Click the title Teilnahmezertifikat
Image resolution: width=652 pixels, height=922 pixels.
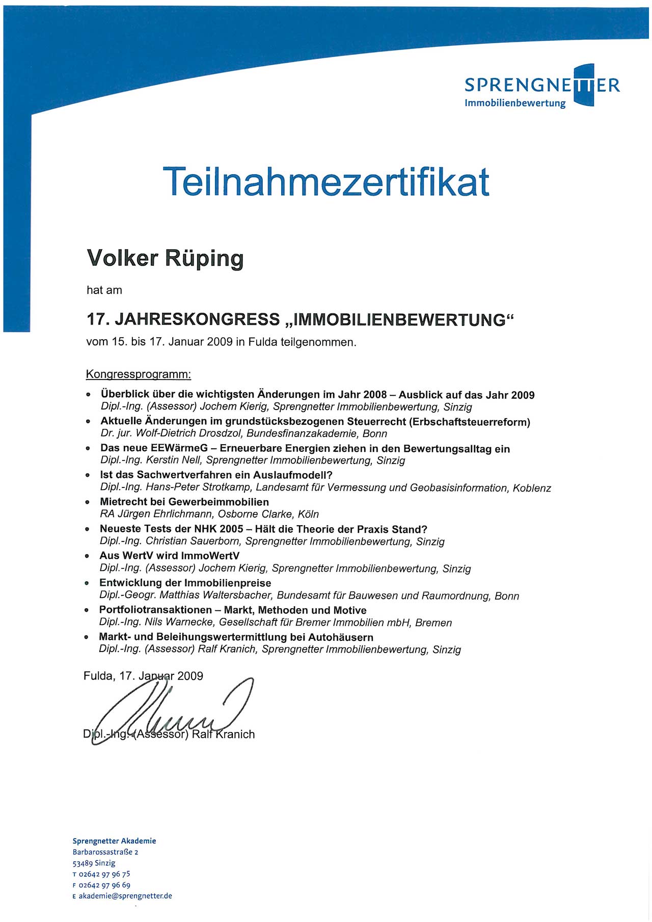click(326, 181)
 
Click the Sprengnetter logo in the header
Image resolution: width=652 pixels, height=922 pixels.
click(542, 87)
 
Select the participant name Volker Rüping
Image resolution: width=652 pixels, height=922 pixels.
click(165, 258)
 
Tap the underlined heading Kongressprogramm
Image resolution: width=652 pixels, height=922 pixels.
click(139, 374)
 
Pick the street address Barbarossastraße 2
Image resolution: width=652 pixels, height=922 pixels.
click(105, 852)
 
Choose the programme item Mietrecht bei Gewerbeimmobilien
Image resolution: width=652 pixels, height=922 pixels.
click(184, 502)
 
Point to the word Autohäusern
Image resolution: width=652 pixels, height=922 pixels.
click(339, 637)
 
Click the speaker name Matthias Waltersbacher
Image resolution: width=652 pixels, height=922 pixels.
click(215, 595)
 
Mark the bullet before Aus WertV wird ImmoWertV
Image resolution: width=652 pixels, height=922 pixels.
click(87, 556)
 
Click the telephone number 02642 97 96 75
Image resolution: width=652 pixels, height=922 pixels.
click(104, 874)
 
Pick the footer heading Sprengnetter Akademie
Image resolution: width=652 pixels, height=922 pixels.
click(114, 841)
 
